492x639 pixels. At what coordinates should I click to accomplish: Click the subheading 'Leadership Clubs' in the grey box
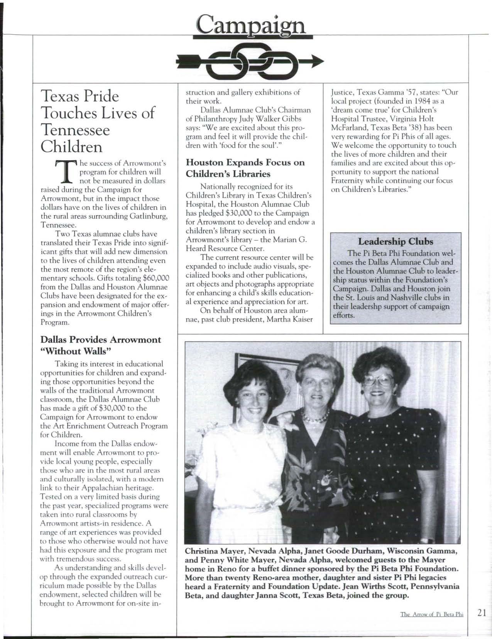pyautogui.click(x=396, y=242)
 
